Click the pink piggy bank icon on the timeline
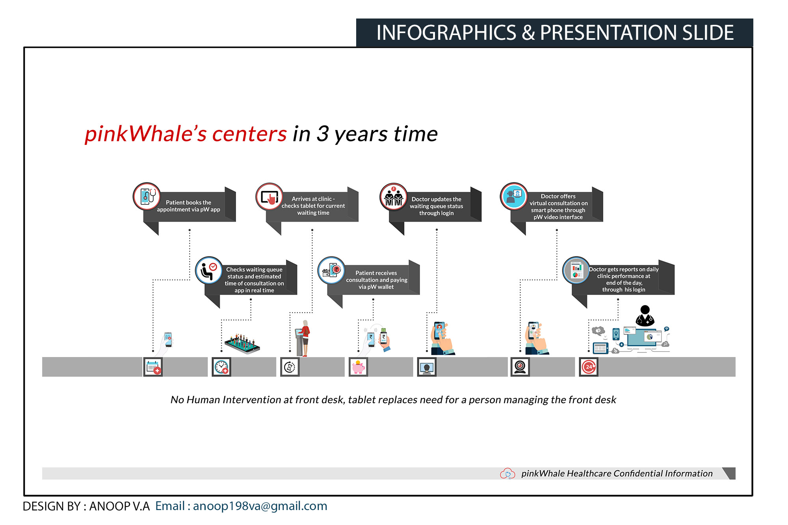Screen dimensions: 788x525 (x=358, y=367)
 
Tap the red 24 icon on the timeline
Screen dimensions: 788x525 (x=589, y=367)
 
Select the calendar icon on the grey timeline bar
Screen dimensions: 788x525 (x=153, y=367)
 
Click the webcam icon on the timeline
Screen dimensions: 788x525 (x=520, y=367)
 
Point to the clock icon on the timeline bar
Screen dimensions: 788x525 (x=221, y=367)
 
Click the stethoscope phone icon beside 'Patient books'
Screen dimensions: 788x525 (x=147, y=196)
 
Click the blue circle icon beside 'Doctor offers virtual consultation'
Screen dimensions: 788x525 (x=514, y=196)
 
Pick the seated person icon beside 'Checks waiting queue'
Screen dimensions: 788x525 (x=209, y=270)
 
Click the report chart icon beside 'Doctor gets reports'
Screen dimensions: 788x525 (x=576, y=270)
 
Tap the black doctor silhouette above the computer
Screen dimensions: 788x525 (x=645, y=316)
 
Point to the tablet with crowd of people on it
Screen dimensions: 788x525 (x=242, y=344)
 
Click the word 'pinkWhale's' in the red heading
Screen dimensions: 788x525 (x=146, y=134)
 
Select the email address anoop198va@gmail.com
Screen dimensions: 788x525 (x=260, y=506)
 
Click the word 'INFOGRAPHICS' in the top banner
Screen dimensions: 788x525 (x=446, y=33)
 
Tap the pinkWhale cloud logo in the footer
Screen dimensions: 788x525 (x=507, y=473)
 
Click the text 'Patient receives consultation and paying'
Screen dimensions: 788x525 (x=377, y=276)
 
